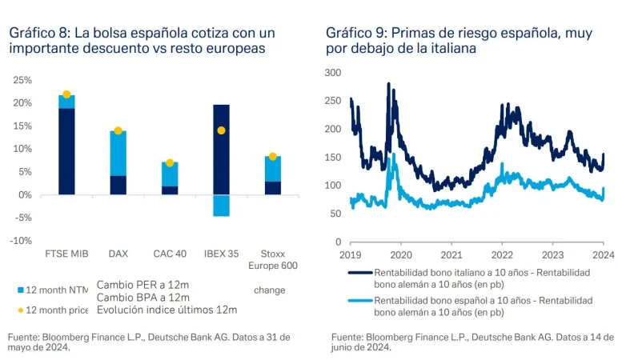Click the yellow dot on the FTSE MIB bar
[x=66, y=94]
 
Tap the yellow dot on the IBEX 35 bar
[x=221, y=130]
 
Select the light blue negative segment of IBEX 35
[x=221, y=206]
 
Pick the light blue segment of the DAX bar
[x=118, y=153]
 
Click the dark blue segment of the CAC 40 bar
[x=170, y=190]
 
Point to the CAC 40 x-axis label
[x=170, y=254]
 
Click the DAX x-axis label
[x=118, y=254]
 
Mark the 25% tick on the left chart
[x=22, y=80]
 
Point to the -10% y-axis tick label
[x=22, y=240]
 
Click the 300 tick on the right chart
[x=333, y=73]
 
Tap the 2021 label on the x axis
[x=451, y=254]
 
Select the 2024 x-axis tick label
[x=603, y=254]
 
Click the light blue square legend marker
[x=20, y=290]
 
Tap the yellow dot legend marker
[x=20, y=310]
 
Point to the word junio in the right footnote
[x=346, y=347]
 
